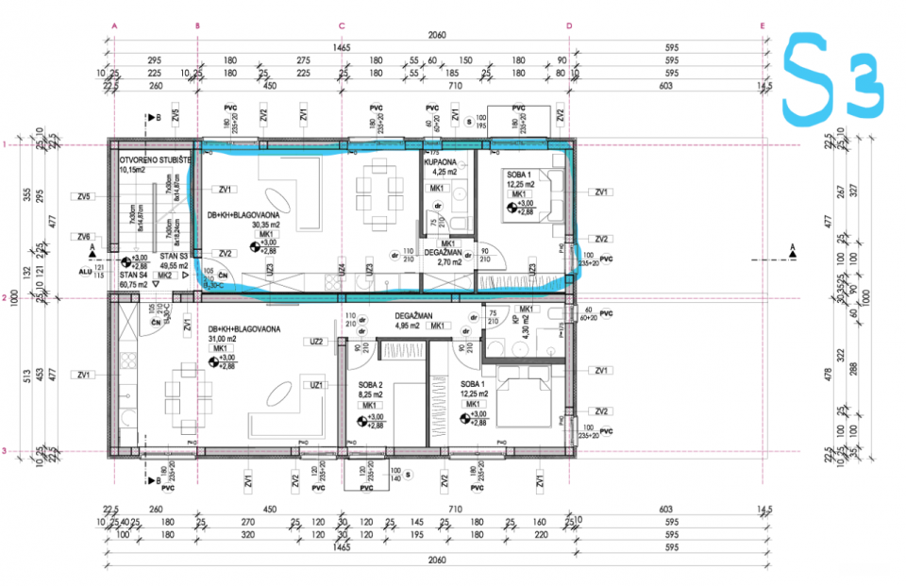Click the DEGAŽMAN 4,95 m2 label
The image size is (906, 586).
pos(413,321)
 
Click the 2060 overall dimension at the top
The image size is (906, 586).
pos(436,35)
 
